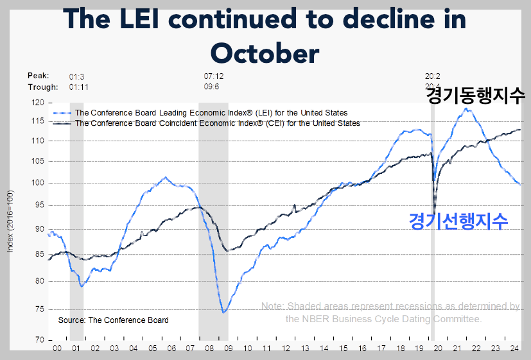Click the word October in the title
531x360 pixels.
(265, 53)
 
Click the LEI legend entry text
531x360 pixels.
(211, 113)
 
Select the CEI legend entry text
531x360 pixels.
(217, 123)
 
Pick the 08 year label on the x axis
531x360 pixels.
(209, 348)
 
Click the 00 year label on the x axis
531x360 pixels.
(57, 348)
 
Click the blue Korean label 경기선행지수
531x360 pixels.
(458, 221)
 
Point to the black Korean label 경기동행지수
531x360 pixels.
(476, 97)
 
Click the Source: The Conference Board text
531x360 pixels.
(113, 320)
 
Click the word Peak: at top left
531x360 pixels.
(39, 76)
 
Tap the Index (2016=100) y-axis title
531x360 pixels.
(10, 221)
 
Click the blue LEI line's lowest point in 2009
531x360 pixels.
(223, 313)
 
